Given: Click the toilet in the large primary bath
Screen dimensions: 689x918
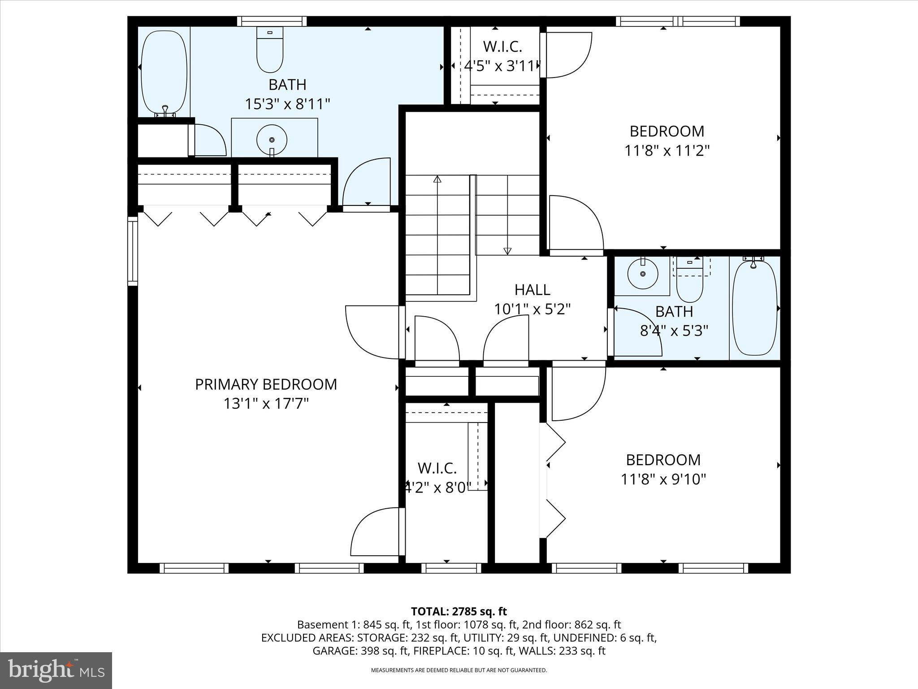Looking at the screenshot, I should pos(270,50).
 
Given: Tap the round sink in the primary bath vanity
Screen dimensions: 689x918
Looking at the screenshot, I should pos(272,140).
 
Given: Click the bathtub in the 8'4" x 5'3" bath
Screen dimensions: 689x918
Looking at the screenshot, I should pos(754,309).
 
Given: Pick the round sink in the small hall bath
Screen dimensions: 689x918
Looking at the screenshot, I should pos(642,273).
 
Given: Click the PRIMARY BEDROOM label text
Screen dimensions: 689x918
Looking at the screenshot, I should pos(266,384).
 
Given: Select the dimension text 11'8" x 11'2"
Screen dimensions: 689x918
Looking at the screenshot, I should pos(667,151).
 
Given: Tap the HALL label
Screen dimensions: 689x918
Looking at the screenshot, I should pos(532,290).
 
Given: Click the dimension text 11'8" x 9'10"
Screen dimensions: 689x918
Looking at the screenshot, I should pos(663,480).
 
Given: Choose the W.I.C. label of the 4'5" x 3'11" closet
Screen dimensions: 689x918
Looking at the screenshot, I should pos(502,46).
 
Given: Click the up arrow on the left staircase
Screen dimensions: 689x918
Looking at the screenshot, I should pos(437,179).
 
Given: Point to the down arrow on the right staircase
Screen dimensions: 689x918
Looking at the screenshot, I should pos(507,250).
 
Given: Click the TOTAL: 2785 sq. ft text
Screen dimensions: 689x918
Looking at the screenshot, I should pos(459,611).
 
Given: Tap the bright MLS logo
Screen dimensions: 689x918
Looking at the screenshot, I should pos(56,670).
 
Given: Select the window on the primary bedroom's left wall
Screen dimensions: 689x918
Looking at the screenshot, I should pos(132,251).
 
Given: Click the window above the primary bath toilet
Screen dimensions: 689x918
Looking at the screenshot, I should pos(272,21).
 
